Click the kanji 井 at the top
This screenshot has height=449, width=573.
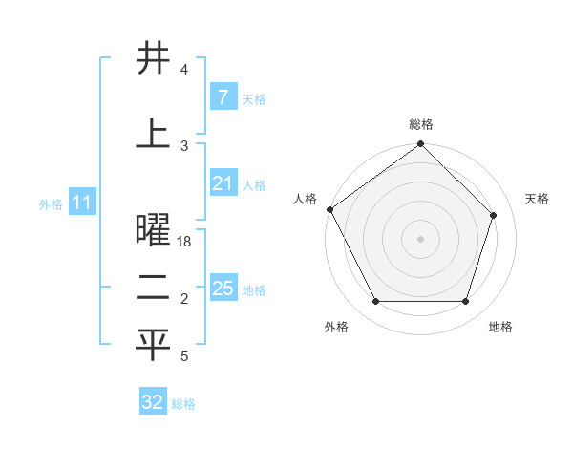[153, 58]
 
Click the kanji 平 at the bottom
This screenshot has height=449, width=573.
[153, 346]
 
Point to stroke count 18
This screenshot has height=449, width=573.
[184, 243]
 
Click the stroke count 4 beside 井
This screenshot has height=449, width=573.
[184, 71]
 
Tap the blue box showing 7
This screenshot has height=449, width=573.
[223, 97]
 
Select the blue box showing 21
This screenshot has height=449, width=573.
[223, 183]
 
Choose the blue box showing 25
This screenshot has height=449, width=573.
[223, 289]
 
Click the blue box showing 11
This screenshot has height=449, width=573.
[81, 203]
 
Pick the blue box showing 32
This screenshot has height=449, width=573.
[153, 402]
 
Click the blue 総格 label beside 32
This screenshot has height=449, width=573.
[183, 404]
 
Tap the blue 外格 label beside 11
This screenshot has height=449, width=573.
[51, 204]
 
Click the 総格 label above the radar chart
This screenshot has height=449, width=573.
[421, 124]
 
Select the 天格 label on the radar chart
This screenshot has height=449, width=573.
[537, 199]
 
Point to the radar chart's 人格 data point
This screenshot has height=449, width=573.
[329, 209]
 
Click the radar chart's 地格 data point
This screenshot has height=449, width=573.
[465, 302]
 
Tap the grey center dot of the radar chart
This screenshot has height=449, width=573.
[420, 238]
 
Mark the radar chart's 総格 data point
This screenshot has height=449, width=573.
[420, 145]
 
